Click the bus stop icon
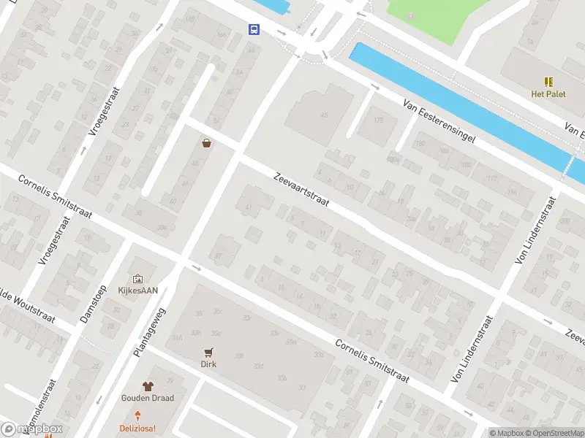click(254, 29)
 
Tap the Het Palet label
click(548, 93)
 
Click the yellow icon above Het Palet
click(548, 81)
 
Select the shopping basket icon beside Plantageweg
click(207, 143)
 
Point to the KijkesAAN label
click(137, 290)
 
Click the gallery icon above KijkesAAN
click(137, 278)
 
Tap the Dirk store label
click(209, 364)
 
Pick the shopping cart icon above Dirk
click(209, 351)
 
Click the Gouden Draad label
click(147, 399)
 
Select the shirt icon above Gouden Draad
click(147, 386)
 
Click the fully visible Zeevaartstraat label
click(301, 189)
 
